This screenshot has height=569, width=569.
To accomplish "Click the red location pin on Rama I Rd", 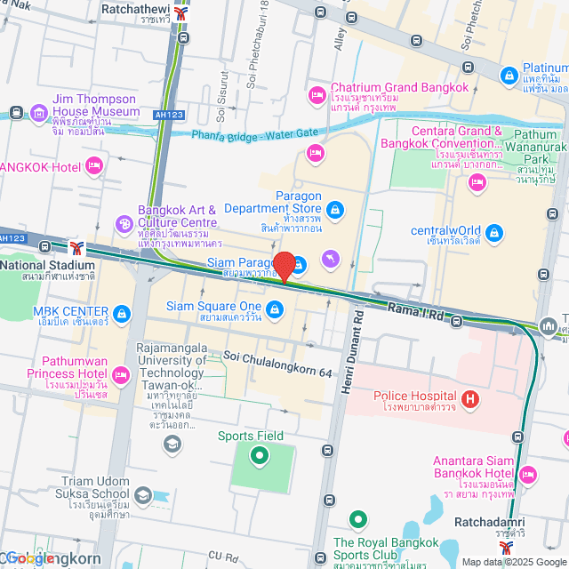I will (x=284, y=266).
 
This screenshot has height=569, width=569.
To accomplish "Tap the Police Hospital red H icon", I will (x=471, y=400).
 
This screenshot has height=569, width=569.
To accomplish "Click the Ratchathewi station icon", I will (x=182, y=14).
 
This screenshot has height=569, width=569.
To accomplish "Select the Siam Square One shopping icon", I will (x=275, y=309).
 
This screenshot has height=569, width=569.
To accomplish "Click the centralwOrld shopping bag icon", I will (x=494, y=232).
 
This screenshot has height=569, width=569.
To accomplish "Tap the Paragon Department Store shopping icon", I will (x=334, y=210).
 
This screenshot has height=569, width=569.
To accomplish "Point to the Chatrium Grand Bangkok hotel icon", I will (x=317, y=94).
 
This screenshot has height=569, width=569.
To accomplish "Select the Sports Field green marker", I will (x=260, y=457).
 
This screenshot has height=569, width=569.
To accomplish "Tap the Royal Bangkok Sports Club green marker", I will (x=357, y=519).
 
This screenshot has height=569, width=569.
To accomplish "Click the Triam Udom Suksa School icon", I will (x=142, y=495).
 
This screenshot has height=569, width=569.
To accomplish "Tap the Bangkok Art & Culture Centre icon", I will (x=124, y=223).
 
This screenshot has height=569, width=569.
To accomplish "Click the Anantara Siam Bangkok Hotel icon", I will (x=529, y=472).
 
